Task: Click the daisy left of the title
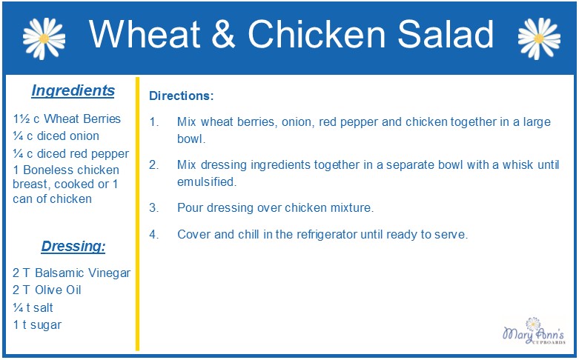(x=44, y=39)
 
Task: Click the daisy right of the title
(x=539, y=39)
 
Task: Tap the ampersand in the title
(x=223, y=34)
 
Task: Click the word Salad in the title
(x=446, y=34)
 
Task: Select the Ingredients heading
(x=73, y=90)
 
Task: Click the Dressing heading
(x=73, y=247)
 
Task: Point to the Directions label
(x=182, y=96)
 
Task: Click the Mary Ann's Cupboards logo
(x=534, y=331)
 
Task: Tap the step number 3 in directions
(x=154, y=207)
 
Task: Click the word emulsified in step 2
(x=207, y=181)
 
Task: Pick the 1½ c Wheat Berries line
(x=67, y=119)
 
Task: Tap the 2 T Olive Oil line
(x=47, y=290)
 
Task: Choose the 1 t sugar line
(x=37, y=325)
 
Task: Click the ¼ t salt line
(x=33, y=307)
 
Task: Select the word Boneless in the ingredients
(x=47, y=170)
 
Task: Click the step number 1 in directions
(x=154, y=121)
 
